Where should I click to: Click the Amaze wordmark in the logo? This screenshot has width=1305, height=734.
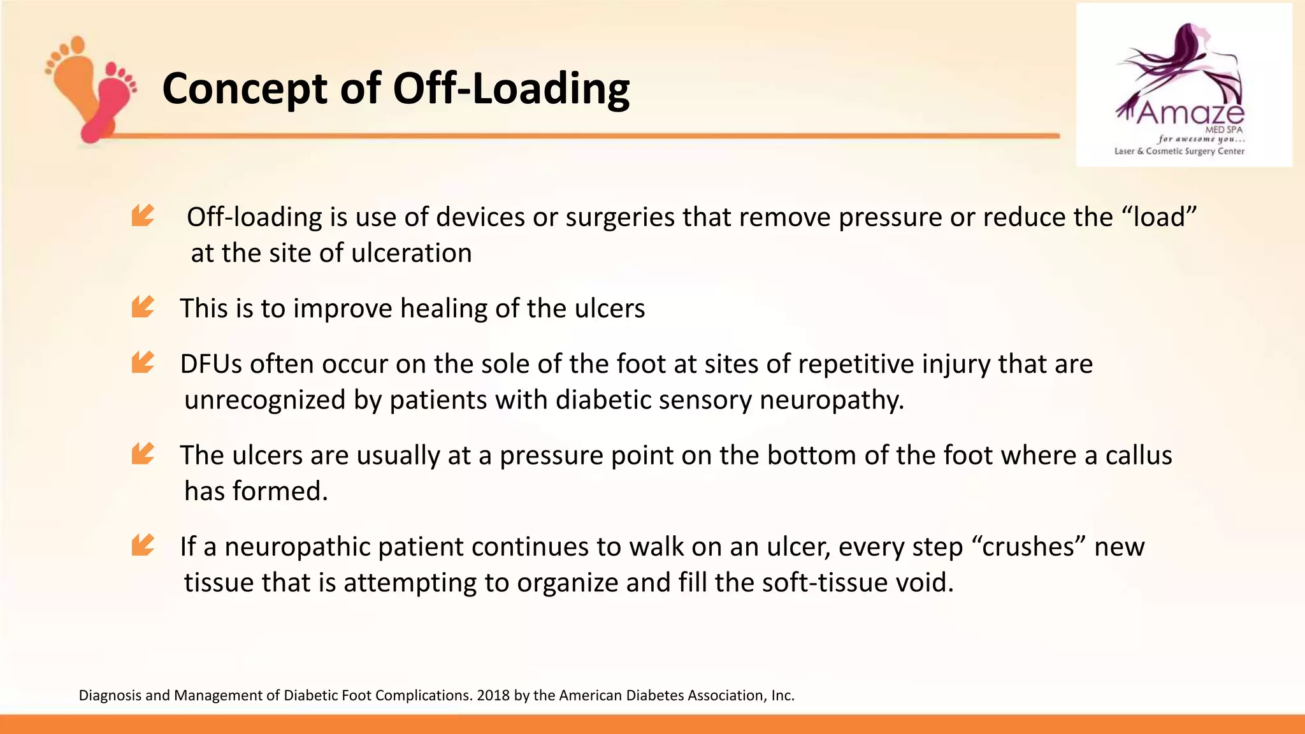tap(1189, 113)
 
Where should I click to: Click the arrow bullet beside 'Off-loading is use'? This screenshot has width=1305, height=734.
tap(143, 215)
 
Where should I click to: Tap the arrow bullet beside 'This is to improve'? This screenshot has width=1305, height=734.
tap(143, 306)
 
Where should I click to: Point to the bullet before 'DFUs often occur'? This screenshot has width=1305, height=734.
tap(143, 362)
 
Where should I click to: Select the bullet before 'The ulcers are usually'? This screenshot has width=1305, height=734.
tap(143, 453)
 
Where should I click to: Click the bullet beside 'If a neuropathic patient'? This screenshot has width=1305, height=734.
tap(143, 545)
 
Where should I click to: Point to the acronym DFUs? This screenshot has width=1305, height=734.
tap(211, 364)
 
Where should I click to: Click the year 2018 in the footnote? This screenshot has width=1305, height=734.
tap(493, 695)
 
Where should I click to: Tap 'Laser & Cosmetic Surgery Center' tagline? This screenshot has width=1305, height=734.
tap(1179, 151)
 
